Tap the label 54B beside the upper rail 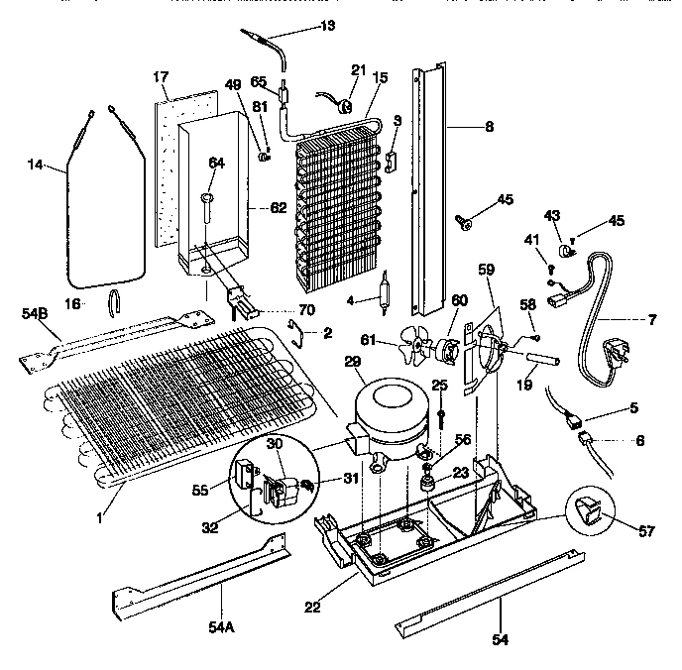click(x=34, y=314)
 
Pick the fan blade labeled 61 click(x=409, y=348)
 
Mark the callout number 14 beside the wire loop click(x=34, y=166)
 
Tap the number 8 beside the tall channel click(x=489, y=127)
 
